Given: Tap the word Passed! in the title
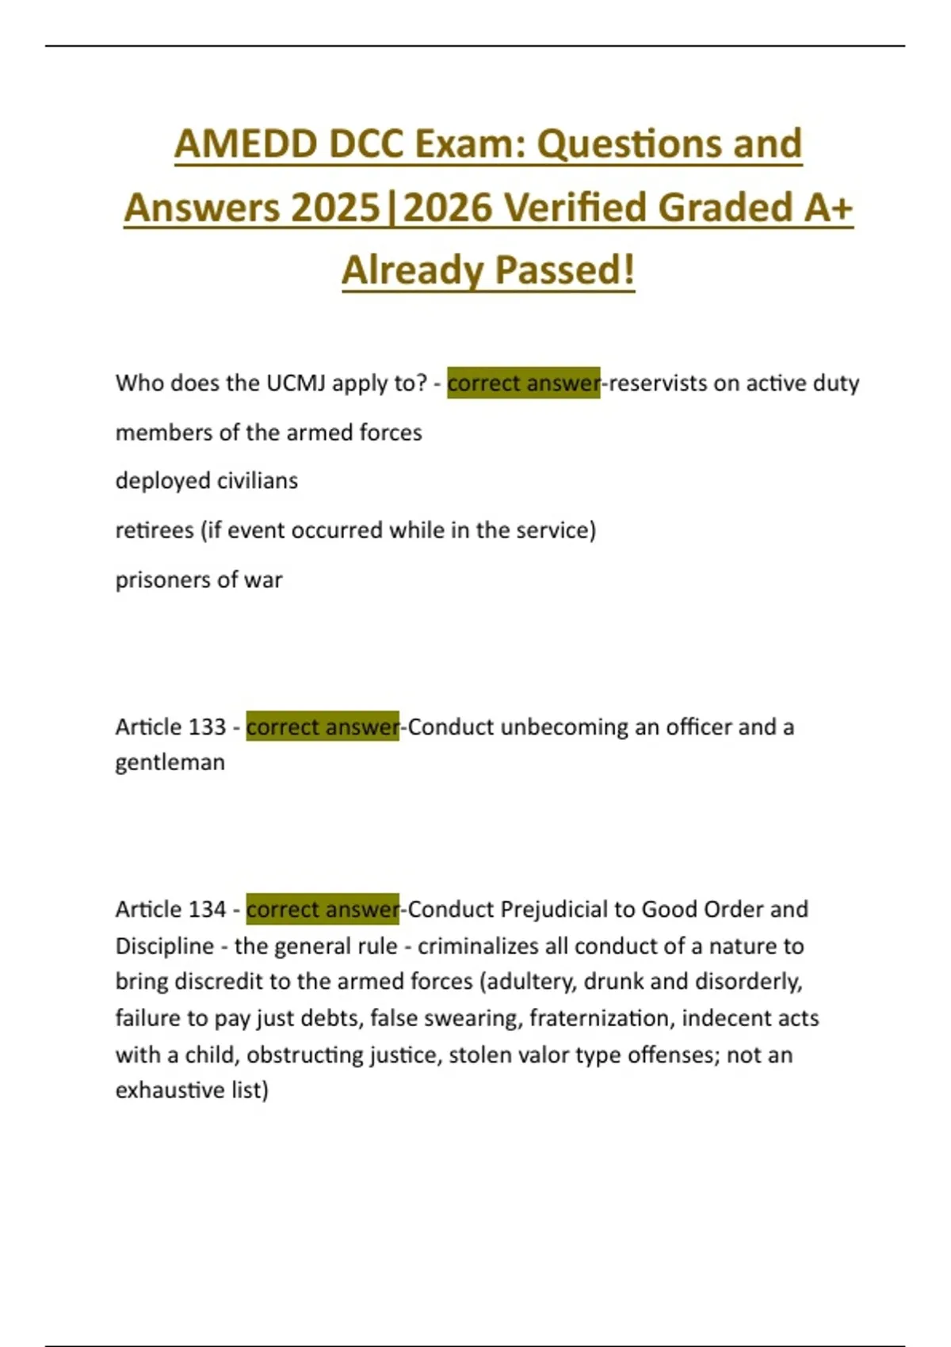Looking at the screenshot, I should (x=565, y=270).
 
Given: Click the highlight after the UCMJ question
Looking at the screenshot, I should (x=523, y=383).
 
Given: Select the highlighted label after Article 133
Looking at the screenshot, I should (x=323, y=727).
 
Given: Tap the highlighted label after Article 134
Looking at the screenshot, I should (x=323, y=909).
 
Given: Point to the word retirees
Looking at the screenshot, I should (x=155, y=530).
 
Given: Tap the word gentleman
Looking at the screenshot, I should (x=170, y=762).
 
